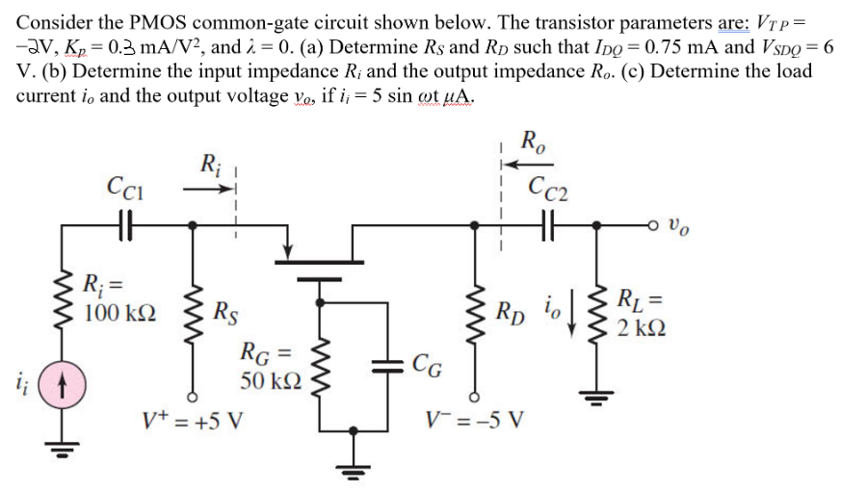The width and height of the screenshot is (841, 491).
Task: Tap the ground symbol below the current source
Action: point(64,446)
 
